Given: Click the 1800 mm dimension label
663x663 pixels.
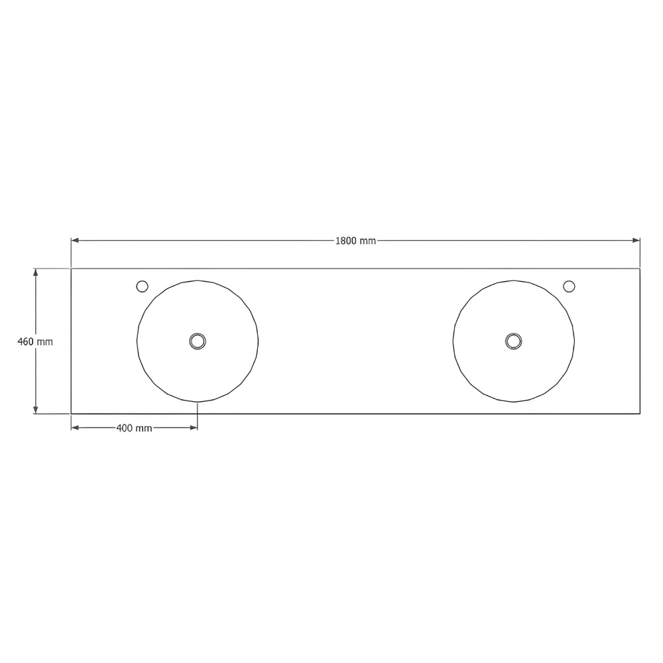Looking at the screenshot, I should click(355, 241).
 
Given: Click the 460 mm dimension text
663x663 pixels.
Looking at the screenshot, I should click(35, 341).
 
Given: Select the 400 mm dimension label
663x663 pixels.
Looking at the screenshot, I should click(134, 428).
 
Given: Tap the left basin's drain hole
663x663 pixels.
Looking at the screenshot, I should click(198, 341).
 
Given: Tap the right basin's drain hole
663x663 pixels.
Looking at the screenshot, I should click(513, 341).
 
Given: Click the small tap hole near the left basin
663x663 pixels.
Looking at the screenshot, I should click(142, 286).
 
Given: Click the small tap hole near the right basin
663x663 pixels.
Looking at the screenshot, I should click(569, 286).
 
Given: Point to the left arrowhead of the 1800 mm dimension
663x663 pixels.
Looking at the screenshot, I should click(75, 240).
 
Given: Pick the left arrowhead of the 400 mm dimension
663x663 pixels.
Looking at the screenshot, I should click(75, 428).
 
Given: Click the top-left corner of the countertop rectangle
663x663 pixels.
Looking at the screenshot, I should click(71, 269).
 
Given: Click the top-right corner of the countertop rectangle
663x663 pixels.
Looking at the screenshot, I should click(640, 269).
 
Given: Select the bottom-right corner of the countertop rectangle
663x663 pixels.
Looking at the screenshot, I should click(640, 414).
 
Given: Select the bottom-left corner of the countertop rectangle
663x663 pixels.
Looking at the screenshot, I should click(71, 414).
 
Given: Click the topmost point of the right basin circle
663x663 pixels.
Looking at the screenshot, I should click(514, 280).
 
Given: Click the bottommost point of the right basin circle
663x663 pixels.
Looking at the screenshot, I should click(514, 402).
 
